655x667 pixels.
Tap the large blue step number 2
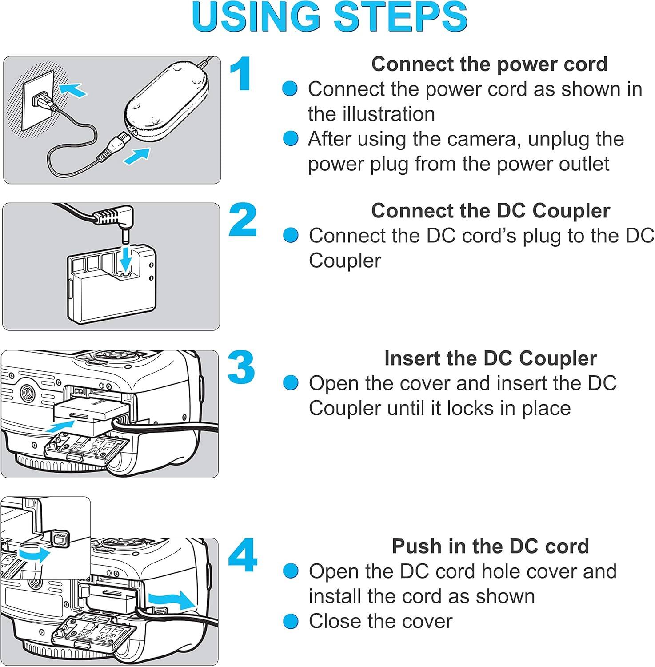pyautogui.click(x=243, y=220)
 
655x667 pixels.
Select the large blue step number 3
pyautogui.click(x=242, y=367)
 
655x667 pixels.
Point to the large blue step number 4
pyautogui.click(x=243, y=555)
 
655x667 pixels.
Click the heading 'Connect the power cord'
pyautogui.click(x=489, y=64)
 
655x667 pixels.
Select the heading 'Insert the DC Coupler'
pyautogui.click(x=490, y=358)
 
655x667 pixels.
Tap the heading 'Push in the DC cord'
pyautogui.click(x=490, y=546)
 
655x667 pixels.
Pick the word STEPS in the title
pyautogui.click(x=400, y=17)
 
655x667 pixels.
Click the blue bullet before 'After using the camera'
pyautogui.click(x=291, y=139)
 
